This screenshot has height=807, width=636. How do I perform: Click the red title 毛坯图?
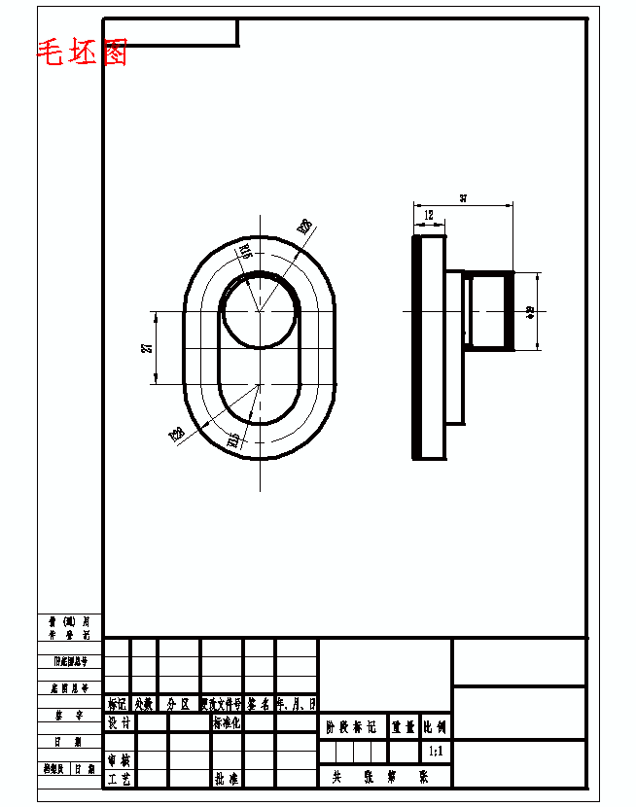pyautogui.click(x=83, y=53)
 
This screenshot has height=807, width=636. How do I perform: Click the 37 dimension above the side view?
pyautogui.click(x=463, y=198)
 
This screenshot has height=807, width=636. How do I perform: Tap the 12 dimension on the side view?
pyautogui.click(x=429, y=214)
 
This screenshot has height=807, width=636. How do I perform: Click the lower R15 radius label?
pyautogui.click(x=233, y=440)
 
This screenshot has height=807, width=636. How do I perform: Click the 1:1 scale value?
pyautogui.click(x=436, y=752)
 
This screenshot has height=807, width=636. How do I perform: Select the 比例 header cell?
pyautogui.click(x=436, y=725)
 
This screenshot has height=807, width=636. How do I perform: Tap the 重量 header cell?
pyautogui.click(x=404, y=725)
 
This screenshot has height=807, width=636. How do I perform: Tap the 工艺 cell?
pyautogui.click(x=119, y=779)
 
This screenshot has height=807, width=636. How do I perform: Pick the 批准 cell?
pyautogui.click(x=227, y=779)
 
